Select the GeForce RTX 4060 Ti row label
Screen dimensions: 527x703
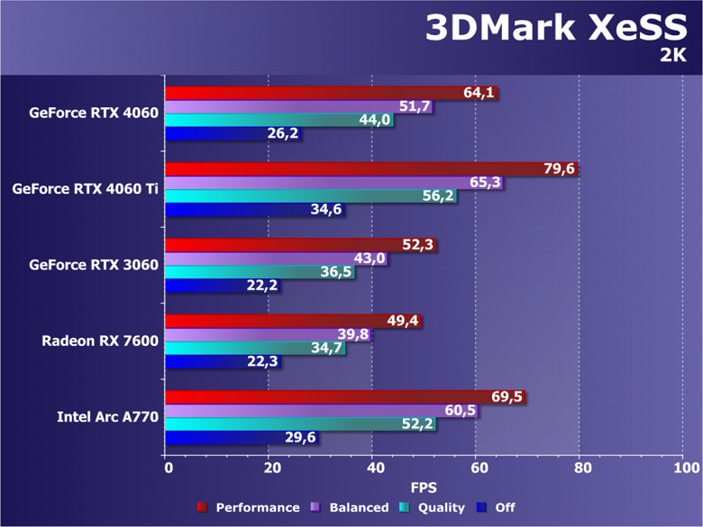pyautogui.click(x=85, y=189)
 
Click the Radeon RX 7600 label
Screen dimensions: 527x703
pyautogui.click(x=100, y=341)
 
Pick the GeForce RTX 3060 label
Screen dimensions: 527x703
pyautogui.click(x=94, y=265)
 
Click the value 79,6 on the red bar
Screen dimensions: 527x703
pyautogui.click(x=559, y=169)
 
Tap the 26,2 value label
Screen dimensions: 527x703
pyautogui.click(x=283, y=134)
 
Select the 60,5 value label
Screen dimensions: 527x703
pyautogui.click(x=460, y=411)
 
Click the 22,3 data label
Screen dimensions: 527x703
pyautogui.click(x=263, y=362)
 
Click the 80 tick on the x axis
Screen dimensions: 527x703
pyautogui.click(x=582, y=469)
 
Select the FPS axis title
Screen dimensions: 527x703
pyautogui.click(x=425, y=487)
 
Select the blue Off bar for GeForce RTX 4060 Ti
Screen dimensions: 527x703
pyautogui.click(x=243, y=210)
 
